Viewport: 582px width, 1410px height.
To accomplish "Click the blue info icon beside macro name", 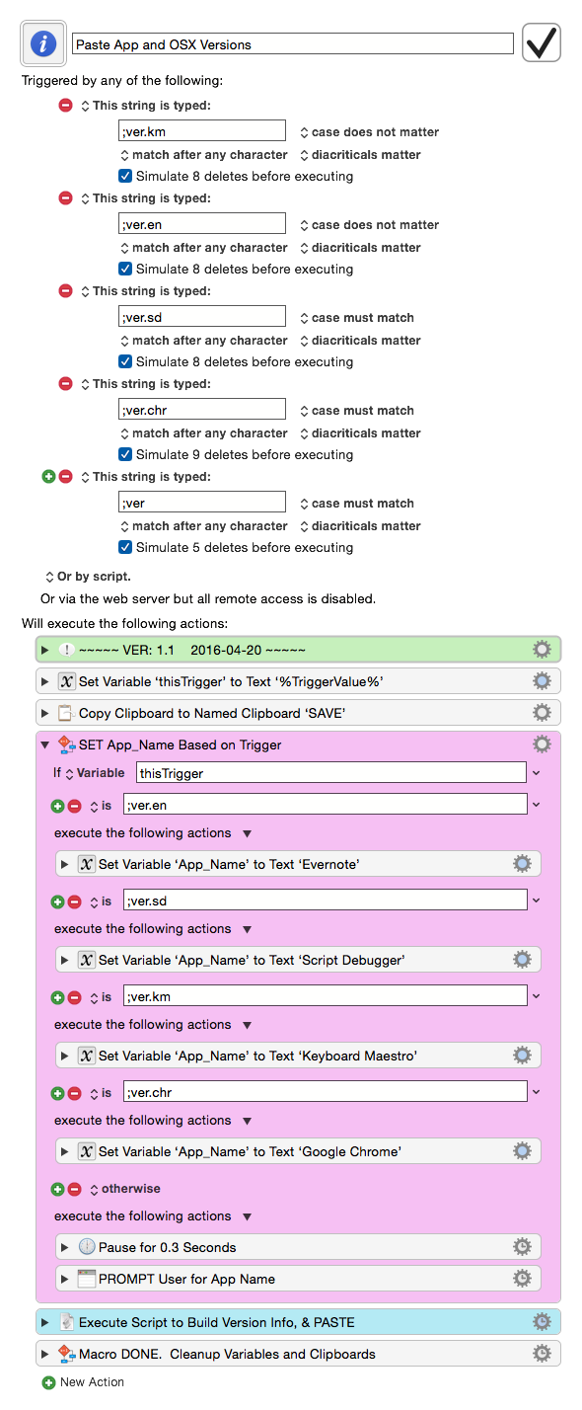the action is point(43,44).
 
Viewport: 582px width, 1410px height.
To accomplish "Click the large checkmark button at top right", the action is point(542,42).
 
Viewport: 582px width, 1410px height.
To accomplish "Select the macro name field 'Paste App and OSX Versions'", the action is point(293,44).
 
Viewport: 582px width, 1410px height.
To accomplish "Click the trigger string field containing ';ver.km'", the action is point(202,131).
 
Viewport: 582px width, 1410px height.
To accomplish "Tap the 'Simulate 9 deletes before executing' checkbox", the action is point(125,454).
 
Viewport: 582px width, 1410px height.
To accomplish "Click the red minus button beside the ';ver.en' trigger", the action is point(65,198).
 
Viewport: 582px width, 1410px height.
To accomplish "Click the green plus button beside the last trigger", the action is point(48,477).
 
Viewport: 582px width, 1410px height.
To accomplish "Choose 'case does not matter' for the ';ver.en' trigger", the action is point(369,225).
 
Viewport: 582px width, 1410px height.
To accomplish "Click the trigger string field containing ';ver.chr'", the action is point(202,409).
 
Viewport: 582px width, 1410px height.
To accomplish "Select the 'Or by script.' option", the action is point(88,576).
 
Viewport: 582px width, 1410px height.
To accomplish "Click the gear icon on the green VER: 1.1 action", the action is point(542,649).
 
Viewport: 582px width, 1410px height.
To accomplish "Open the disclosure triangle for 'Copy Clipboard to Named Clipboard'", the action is point(44,713).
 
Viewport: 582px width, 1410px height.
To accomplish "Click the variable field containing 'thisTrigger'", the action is point(331,772).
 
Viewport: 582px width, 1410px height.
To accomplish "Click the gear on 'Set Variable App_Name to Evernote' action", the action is point(522,864).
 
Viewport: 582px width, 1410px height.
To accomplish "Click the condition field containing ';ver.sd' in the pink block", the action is point(326,901).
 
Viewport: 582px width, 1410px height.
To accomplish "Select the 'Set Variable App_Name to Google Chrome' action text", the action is point(250,1151).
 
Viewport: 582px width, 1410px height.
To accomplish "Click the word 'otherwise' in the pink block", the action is point(131,1189).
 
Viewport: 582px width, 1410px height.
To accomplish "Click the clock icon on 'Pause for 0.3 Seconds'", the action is point(87,1246).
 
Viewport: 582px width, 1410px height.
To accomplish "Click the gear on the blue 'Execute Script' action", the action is point(542,1321).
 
